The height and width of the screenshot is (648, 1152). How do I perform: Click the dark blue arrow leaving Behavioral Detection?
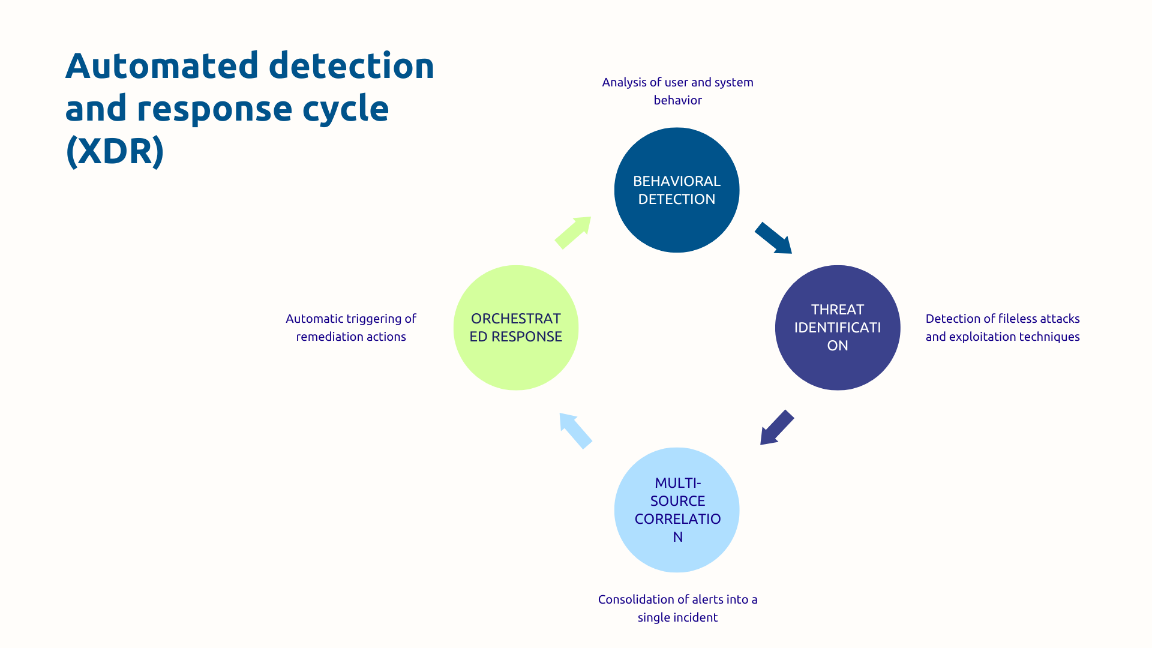(x=773, y=238)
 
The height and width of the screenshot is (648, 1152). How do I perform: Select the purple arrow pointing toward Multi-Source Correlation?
(x=777, y=427)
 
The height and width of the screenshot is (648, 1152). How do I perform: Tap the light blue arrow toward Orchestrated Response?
(x=575, y=430)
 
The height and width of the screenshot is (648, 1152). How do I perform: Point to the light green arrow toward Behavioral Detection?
(x=574, y=232)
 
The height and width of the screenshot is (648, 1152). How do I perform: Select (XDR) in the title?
(x=115, y=151)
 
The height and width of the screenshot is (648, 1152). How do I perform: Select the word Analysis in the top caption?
(x=624, y=82)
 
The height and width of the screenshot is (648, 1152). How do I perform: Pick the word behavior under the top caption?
(x=677, y=100)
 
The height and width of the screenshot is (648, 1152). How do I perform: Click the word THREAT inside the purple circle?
(x=838, y=310)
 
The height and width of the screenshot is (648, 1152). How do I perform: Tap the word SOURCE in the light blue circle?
(x=677, y=501)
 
